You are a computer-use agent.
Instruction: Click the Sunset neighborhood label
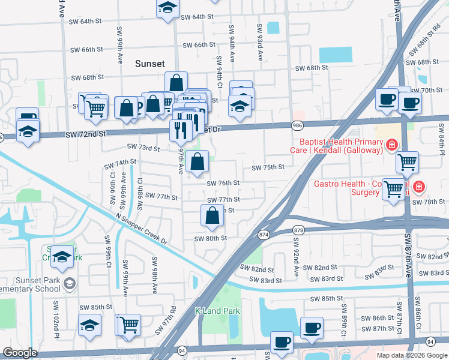[x=150, y=63]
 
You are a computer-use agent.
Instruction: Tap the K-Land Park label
[x=217, y=311]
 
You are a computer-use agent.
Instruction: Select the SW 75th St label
[x=267, y=167]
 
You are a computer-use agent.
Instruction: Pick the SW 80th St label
[x=210, y=238]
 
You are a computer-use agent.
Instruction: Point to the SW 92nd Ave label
[x=296, y=257]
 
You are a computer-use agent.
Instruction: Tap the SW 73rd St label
[x=143, y=147]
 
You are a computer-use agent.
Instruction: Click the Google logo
[x=20, y=353]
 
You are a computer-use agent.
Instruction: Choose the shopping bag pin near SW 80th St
[x=212, y=216]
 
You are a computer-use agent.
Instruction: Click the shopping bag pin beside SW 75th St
[x=197, y=162]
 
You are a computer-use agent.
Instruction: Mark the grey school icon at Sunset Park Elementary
[x=70, y=283]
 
